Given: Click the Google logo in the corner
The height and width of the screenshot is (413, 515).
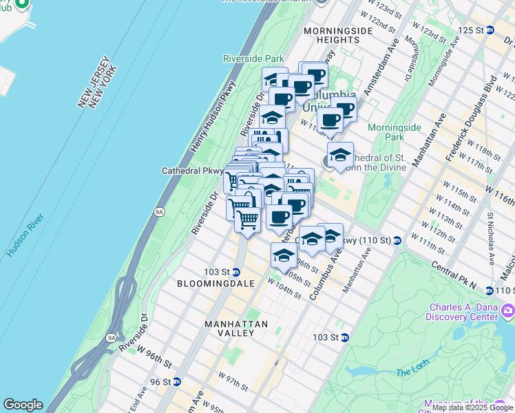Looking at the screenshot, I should click(x=23, y=405).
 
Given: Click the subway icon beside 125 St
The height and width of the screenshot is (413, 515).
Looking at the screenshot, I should click(x=490, y=30).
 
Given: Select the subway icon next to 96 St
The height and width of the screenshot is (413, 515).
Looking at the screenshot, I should click(x=177, y=382).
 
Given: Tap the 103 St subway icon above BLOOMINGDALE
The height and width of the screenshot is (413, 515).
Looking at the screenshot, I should click(x=235, y=272).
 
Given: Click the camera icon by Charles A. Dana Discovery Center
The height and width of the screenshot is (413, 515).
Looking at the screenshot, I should click(x=508, y=312).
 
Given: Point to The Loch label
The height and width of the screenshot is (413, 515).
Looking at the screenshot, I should click(x=412, y=373).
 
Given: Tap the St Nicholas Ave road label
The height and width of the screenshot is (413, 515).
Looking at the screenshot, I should click(x=491, y=238).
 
